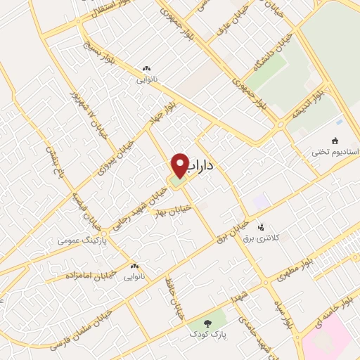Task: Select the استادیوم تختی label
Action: [x=335, y=153]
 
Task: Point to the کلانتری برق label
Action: [x=261, y=239]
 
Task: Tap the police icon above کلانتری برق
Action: [x=261, y=227]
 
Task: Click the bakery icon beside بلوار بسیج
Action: [x=146, y=69]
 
